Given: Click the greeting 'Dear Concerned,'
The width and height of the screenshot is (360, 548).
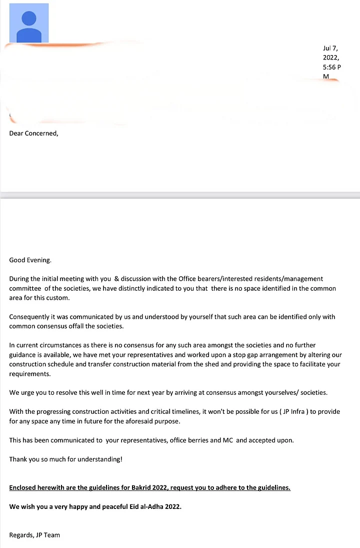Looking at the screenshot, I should click(x=33, y=133).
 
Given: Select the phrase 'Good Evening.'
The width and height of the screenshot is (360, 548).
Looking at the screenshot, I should click(x=30, y=260).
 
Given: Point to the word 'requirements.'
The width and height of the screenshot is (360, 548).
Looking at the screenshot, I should click(x=29, y=374).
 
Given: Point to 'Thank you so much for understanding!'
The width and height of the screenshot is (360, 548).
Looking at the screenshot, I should click(x=65, y=459).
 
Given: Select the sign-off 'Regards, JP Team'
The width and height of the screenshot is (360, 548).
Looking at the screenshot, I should click(x=34, y=535).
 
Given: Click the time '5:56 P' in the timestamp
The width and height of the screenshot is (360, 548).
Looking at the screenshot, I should click(x=332, y=67).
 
